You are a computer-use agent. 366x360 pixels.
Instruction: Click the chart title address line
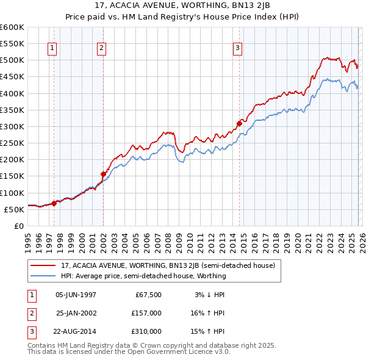[x=183, y=5]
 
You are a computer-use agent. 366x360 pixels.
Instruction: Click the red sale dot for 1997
[x=54, y=203]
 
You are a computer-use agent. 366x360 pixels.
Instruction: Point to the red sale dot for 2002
[x=104, y=174]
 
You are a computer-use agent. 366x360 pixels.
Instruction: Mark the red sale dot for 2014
[x=239, y=123]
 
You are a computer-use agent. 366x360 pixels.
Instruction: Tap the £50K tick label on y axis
[x=15, y=209]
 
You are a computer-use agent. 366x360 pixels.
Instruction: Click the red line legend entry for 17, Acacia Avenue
[x=168, y=265]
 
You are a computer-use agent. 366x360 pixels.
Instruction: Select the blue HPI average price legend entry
[x=143, y=276]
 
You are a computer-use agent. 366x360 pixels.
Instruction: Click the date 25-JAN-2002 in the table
[x=76, y=313]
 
